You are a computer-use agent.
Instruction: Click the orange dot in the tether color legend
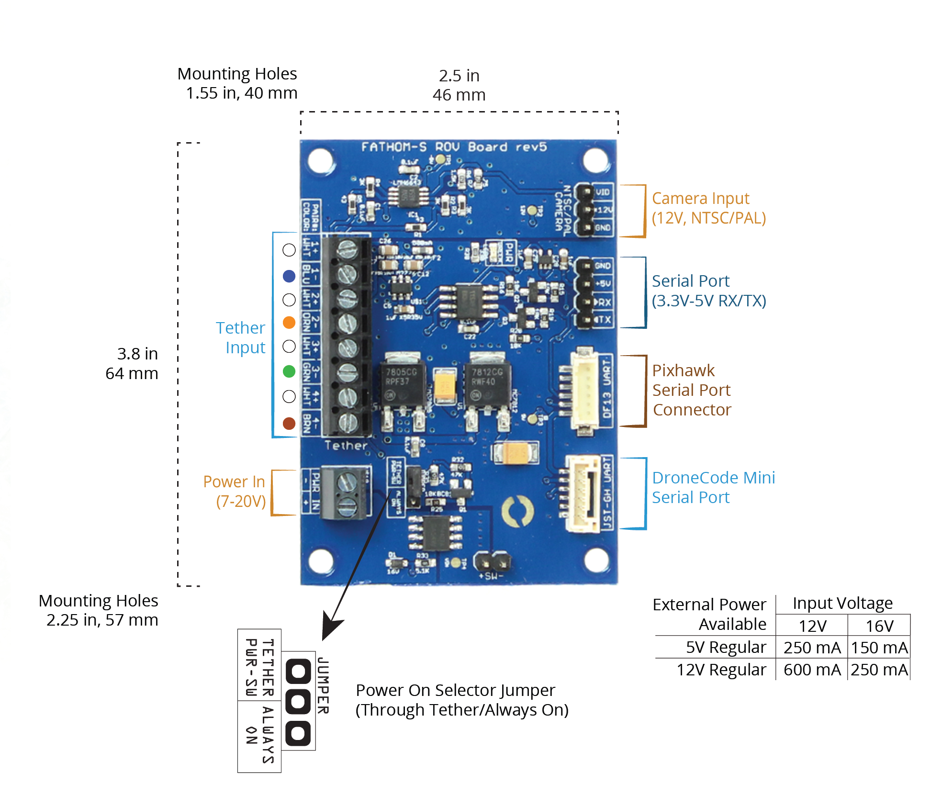(289, 323)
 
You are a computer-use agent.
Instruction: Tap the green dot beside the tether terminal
(289, 371)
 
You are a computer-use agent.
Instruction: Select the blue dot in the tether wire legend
(289, 276)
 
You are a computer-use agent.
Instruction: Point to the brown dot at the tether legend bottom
(289, 423)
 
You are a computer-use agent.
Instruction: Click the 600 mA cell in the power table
(812, 670)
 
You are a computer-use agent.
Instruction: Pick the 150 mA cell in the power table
(879, 648)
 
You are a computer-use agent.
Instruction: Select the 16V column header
(879, 626)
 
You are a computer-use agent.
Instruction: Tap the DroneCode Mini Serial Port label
(713, 487)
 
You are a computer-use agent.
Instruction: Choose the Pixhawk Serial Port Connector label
(691, 390)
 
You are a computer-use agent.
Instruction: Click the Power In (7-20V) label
(235, 491)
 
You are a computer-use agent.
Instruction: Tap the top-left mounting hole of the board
(320, 160)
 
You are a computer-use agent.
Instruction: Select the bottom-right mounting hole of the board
(596, 559)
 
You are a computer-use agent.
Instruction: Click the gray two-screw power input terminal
(345, 493)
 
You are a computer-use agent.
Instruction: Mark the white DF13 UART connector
(584, 390)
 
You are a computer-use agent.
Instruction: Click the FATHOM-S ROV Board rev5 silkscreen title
(454, 147)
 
